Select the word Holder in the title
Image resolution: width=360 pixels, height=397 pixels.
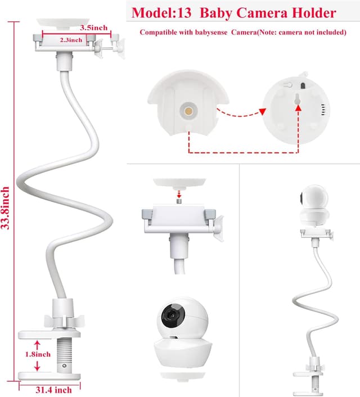tap(316, 12)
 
